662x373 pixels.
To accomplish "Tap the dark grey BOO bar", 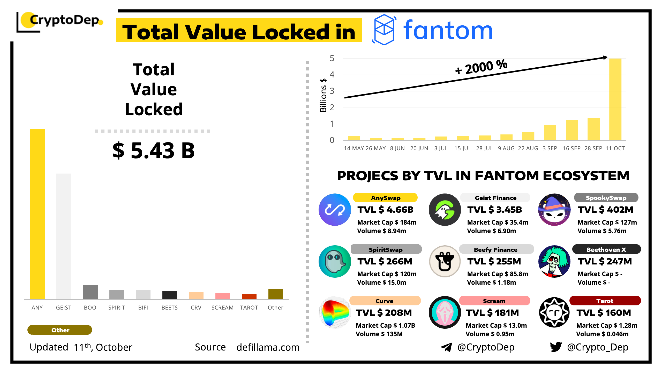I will click(x=90, y=292).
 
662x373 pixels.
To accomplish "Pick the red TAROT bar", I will click(x=249, y=296).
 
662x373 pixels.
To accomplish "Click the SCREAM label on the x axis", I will click(x=222, y=307).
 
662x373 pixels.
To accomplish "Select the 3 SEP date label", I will click(x=550, y=148).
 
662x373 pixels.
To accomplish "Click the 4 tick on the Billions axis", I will click(x=332, y=75).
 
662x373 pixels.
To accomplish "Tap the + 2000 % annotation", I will click(x=481, y=67).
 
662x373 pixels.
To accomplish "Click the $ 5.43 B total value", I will click(x=154, y=150).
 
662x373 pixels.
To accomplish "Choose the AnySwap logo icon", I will click(x=335, y=210).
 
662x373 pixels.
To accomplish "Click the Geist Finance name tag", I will click(x=495, y=198).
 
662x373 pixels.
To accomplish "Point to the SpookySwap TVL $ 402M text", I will click(x=606, y=210).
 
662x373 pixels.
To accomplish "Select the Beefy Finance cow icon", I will click(x=445, y=261).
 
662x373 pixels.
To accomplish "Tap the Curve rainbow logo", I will click(x=335, y=312).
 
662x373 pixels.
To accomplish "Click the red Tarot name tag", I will click(x=605, y=301).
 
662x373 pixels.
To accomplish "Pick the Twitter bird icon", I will click(x=556, y=347).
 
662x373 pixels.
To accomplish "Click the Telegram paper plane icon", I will click(x=446, y=347).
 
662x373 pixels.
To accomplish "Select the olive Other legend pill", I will click(x=60, y=330).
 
